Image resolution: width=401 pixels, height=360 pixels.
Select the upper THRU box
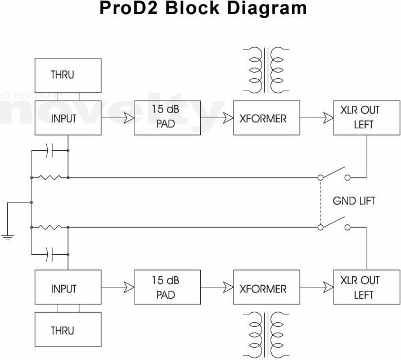coord(68,74)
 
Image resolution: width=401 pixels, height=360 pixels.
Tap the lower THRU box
coord(68,330)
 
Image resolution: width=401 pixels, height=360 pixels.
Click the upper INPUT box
coord(68,118)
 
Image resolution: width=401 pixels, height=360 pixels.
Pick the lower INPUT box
coord(68,289)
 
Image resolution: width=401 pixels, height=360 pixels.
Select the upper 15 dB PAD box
coord(168,118)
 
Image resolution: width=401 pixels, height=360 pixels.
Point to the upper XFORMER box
coord(267,118)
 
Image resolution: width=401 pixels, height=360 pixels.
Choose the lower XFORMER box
coord(267,289)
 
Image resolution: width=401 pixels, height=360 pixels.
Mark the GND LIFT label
coord(354,201)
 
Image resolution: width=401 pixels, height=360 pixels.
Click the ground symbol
coord(7,237)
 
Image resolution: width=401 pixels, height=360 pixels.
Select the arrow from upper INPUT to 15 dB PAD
coord(118,118)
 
